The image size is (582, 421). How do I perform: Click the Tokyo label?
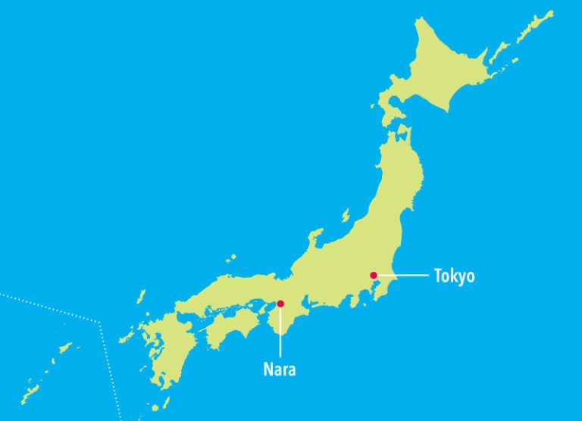point(454,276)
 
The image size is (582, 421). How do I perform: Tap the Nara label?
point(279,370)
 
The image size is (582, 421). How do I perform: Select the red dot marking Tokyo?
point(374,275)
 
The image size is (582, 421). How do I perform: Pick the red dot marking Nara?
point(280,304)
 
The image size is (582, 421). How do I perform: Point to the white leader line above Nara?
point(280,333)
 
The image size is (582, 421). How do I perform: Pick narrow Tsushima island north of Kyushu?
point(140,298)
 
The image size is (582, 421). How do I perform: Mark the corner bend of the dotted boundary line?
point(101,323)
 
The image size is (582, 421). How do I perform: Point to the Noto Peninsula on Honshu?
point(312,241)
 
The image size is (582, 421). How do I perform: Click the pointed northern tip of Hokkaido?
point(419,18)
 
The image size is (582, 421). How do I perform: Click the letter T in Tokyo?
point(438,276)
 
